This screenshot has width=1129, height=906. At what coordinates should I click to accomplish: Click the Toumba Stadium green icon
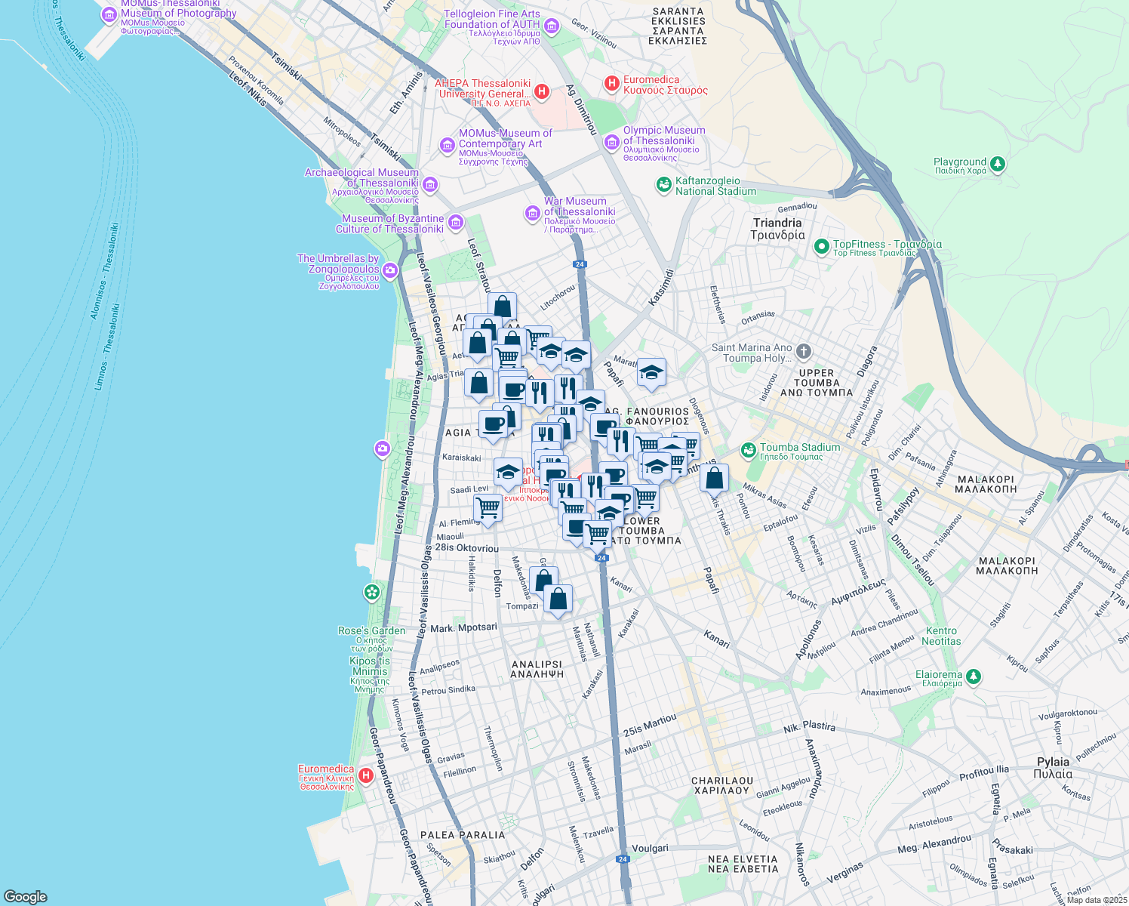coord(748,451)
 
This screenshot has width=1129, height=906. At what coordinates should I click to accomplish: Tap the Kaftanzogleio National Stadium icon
coord(663,185)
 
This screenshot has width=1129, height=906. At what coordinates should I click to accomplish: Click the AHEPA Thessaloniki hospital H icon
coord(541,92)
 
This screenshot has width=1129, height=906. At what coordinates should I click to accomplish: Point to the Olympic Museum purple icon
coord(611,141)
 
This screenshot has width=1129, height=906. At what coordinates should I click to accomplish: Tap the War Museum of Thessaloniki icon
coord(533,214)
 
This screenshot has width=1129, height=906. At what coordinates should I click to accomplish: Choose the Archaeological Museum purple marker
coord(430,184)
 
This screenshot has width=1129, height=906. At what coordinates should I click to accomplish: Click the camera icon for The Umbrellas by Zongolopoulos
coord(390,270)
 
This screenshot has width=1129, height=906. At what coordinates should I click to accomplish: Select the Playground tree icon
coord(998,164)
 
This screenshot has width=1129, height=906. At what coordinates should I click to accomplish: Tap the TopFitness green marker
coord(821,246)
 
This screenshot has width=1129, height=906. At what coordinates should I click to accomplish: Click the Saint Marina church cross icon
coord(804,351)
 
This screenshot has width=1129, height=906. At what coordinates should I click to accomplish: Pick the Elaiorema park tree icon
coord(974,676)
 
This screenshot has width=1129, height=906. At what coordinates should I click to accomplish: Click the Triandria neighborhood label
coord(777,229)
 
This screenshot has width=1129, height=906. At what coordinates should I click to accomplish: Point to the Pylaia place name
coord(1053,767)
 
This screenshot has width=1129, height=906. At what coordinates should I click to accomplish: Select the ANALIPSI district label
coord(538,669)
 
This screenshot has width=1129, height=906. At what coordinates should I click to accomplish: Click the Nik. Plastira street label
coord(809,728)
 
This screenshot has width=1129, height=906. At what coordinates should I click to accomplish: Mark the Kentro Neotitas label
coord(941,636)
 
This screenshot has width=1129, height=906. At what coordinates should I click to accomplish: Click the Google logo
coord(26,896)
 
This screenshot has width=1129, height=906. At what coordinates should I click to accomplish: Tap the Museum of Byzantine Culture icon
coord(455,222)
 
